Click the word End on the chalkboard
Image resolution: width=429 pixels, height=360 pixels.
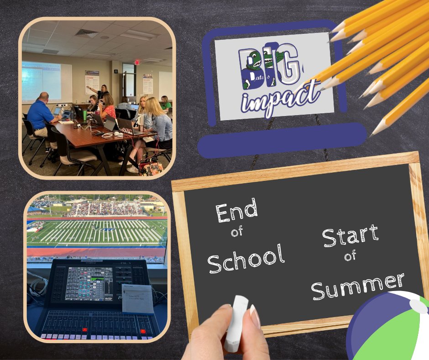click(237, 211)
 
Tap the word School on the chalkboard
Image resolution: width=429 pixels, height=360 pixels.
click(246, 259)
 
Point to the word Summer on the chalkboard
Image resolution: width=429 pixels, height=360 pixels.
click(359, 286)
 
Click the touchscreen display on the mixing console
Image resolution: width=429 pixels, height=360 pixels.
click(89, 283)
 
